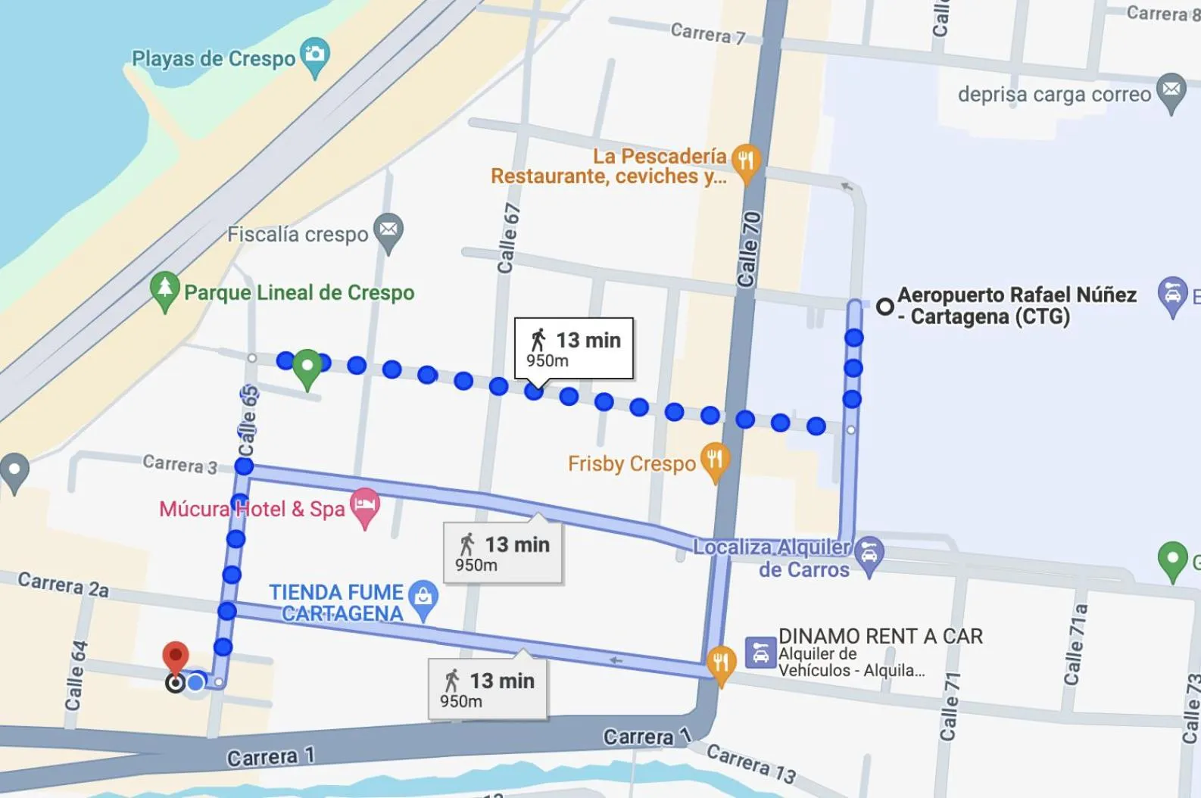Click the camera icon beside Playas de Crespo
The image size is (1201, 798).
click(x=314, y=55)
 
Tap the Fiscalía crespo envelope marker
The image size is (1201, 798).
click(x=388, y=229)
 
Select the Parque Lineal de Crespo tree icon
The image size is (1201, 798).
click(x=164, y=289)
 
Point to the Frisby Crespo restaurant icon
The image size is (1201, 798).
click(x=714, y=460)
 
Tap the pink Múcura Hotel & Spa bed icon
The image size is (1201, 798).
click(x=365, y=505)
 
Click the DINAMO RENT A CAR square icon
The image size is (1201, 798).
click(x=760, y=653)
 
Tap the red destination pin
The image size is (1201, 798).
click(x=176, y=656)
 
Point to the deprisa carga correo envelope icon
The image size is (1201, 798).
click(x=1171, y=90)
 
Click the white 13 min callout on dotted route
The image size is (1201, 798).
click(x=574, y=348)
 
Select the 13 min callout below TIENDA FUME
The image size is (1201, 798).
click(x=487, y=689)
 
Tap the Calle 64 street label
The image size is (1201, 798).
click(x=76, y=675)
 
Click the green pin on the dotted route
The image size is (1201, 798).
click(x=307, y=366)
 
